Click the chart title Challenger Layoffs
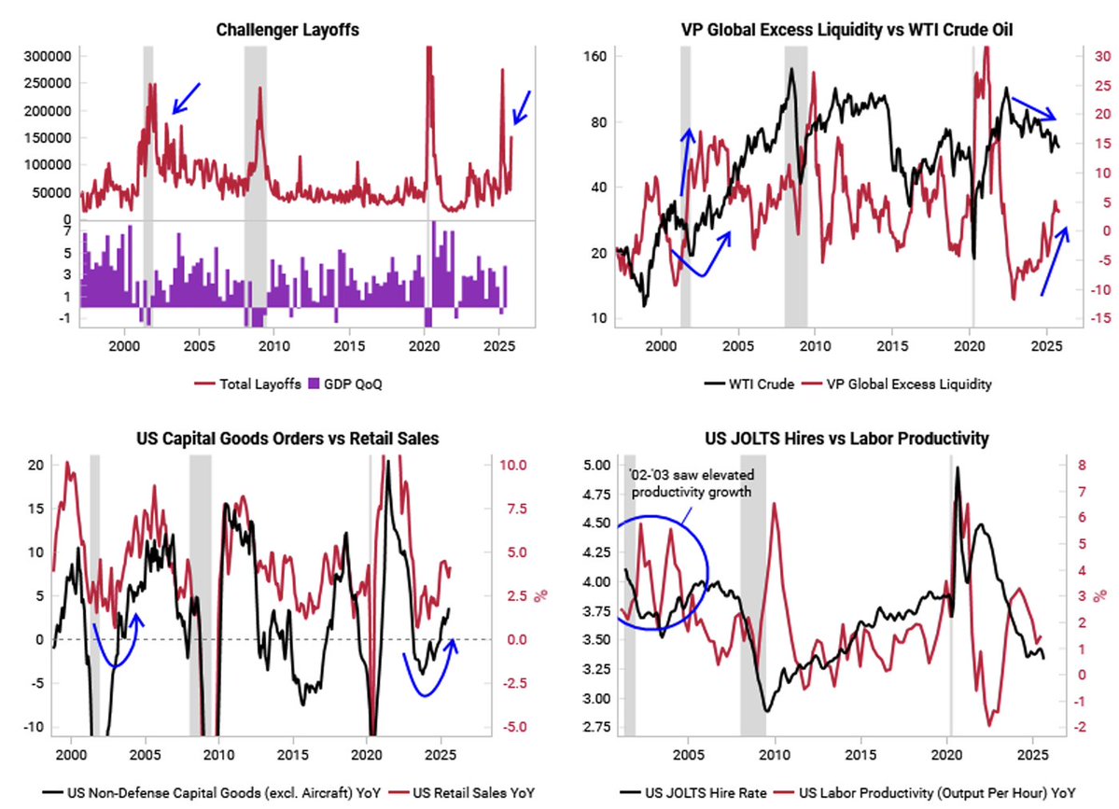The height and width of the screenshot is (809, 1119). point(287,31)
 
